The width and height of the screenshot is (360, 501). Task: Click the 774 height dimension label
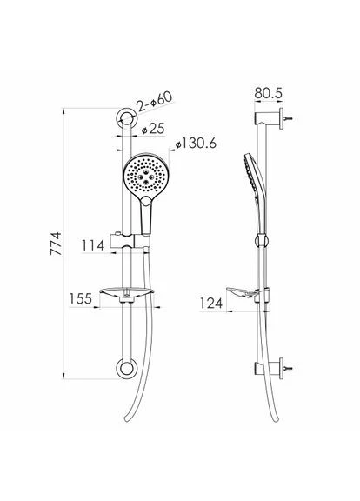[56, 244]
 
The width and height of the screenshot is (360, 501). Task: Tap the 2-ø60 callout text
[154, 101]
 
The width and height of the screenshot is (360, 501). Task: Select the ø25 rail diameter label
[153, 129]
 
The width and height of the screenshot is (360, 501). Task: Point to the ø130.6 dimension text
[196, 144]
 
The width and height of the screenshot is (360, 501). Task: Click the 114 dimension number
[93, 245]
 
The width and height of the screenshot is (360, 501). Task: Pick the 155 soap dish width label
[81, 298]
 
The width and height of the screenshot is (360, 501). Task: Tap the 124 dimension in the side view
[210, 303]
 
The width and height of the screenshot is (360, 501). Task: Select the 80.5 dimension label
[269, 93]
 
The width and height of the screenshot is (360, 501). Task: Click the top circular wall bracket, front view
[126, 118]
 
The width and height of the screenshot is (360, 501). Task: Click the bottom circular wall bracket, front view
[126, 369]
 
